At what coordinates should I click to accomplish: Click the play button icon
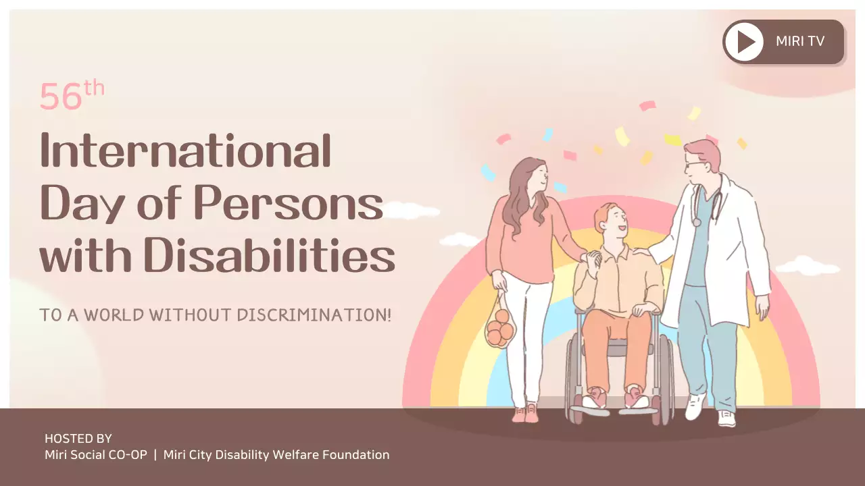pos(745,42)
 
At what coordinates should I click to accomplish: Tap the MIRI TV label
pos(800,41)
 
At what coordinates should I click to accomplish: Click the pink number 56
pos(61,97)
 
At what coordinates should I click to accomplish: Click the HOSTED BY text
pos(78,439)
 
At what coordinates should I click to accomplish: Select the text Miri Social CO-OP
pos(95,455)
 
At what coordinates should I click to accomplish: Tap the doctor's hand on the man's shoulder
pos(641,254)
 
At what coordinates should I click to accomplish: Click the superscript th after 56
pos(94,89)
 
